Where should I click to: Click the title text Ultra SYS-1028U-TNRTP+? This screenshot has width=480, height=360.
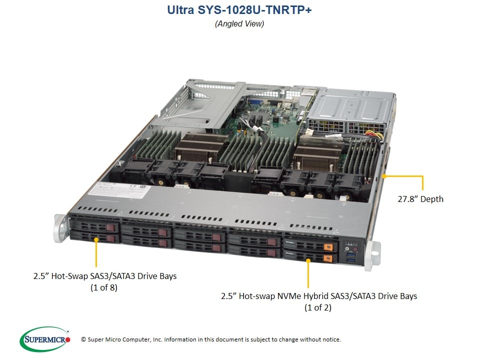(x=239, y=10)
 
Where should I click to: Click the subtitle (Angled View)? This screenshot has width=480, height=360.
(x=239, y=24)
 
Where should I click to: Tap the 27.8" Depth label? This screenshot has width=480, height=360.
(x=420, y=199)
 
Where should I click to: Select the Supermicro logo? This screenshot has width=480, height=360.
(x=45, y=339)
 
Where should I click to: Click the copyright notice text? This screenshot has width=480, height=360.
(x=211, y=339)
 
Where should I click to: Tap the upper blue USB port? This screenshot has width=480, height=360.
(x=351, y=254)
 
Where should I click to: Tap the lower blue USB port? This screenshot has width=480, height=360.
(x=351, y=260)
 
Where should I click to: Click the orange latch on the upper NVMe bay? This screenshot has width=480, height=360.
(x=328, y=246)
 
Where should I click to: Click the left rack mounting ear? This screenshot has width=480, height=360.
(x=60, y=228)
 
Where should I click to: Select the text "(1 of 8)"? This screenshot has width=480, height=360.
(x=104, y=287)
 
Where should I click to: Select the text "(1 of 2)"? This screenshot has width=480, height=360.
(x=318, y=307)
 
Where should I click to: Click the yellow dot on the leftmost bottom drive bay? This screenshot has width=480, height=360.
(x=96, y=239)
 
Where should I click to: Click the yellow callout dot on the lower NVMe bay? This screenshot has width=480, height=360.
(x=308, y=260)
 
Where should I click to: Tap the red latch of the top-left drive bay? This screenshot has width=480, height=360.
(x=111, y=228)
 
